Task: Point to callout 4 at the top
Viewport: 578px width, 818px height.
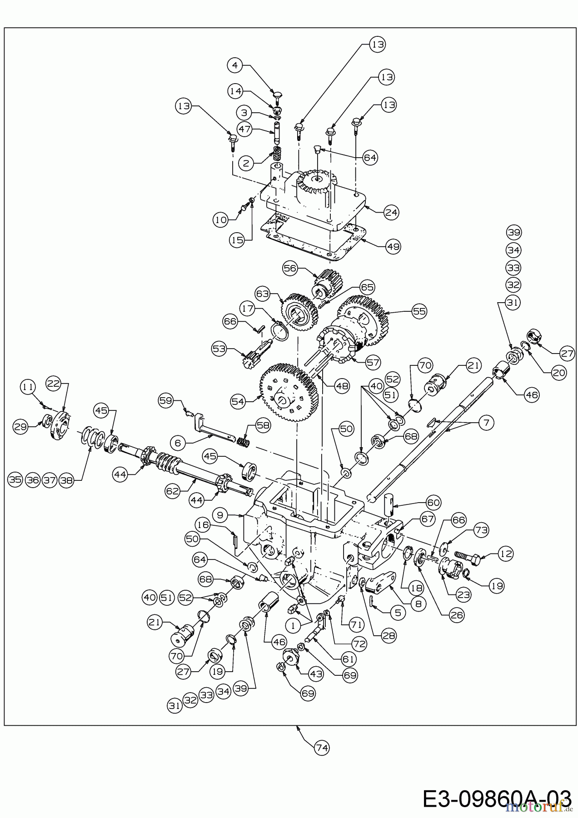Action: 234,65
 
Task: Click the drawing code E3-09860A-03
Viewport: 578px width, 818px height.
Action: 496,798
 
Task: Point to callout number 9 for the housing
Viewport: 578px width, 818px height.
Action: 220,515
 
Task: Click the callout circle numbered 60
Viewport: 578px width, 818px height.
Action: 434,502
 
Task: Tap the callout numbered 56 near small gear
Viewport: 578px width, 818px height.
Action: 290,268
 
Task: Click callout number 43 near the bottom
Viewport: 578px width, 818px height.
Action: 316,674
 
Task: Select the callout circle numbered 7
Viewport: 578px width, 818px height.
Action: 486,423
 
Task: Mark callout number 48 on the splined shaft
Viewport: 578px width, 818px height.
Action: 342,386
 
